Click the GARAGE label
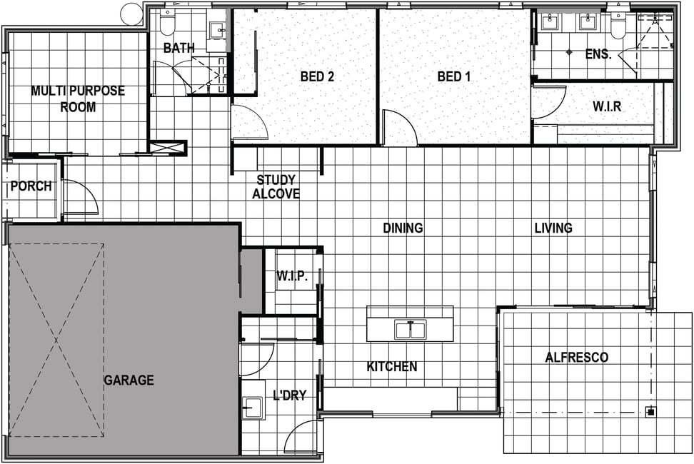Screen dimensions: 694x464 [129, 380]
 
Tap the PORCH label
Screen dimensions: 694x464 [31, 186]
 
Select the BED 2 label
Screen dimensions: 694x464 [317, 76]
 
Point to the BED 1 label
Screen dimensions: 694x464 [453, 76]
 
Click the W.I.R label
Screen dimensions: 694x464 [607, 106]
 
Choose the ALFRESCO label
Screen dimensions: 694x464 [577, 358]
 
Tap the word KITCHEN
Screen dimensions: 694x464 [392, 367]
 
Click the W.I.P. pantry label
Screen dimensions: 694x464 [292, 276]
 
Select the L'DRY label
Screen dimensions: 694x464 [290, 395]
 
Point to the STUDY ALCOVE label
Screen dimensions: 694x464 [276, 186]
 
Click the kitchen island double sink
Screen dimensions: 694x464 [411, 330]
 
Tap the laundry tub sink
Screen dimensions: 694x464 [252, 407]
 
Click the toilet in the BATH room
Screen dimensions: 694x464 [168, 24]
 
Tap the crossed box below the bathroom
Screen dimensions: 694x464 [167, 148]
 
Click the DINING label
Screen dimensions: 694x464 [403, 228]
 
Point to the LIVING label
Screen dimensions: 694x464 [553, 228]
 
